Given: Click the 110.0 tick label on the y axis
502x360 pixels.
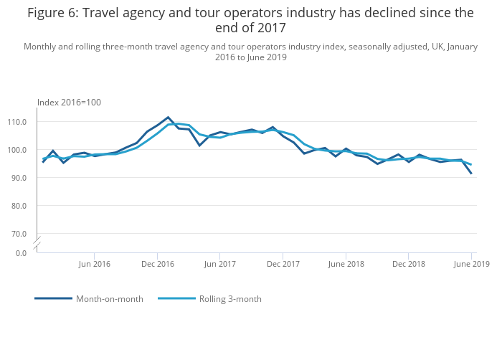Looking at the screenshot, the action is pyautogui.click(x=17, y=122).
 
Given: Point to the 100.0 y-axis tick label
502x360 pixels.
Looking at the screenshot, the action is pyautogui.click(x=17, y=150).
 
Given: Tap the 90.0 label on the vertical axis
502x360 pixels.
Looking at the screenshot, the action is pyautogui.click(x=19, y=178).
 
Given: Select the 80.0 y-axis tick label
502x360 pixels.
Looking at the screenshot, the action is pyautogui.click(x=19, y=206).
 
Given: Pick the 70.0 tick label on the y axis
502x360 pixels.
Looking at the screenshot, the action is pyautogui.click(x=19, y=234).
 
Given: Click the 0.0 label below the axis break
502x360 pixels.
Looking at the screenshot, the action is pyautogui.click(x=21, y=253).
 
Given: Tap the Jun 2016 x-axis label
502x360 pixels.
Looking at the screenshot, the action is pyautogui.click(x=94, y=264).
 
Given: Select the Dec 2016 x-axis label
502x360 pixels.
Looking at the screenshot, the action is pyautogui.click(x=158, y=264).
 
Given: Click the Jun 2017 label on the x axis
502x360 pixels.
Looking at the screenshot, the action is pyautogui.click(x=219, y=264).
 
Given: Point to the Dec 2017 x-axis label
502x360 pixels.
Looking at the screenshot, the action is pyautogui.click(x=283, y=264).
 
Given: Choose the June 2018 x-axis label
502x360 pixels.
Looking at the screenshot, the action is pyautogui.click(x=346, y=264).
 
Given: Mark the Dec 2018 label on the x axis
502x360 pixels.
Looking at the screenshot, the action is pyautogui.click(x=409, y=264).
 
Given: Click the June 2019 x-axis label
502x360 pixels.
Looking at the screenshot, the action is pyautogui.click(x=472, y=264).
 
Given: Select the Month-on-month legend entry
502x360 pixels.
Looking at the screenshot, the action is pyautogui.click(x=89, y=299).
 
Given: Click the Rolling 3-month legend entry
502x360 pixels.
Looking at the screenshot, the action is pyautogui.click(x=209, y=299).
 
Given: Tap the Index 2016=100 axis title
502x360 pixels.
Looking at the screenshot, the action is pyautogui.click(x=69, y=103).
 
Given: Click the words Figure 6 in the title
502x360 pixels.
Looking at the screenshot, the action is pyautogui.click(x=53, y=14).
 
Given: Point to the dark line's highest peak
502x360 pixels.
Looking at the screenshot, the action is pyautogui.click(x=168, y=117).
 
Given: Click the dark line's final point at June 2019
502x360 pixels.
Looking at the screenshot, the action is pyautogui.click(x=471, y=174).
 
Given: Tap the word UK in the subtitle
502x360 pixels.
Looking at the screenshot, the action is pyautogui.click(x=437, y=47).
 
